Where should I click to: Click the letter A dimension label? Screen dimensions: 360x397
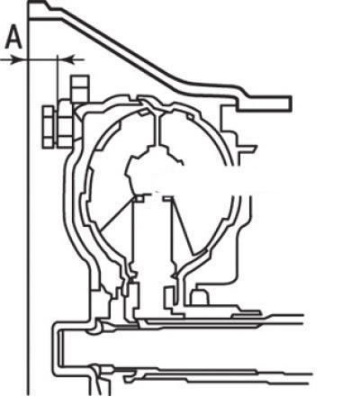point(13,38)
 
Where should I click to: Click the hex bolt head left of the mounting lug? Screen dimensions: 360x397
point(48,127)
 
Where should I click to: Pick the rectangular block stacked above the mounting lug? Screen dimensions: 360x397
point(80,88)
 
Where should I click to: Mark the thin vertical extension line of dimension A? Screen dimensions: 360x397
point(57,78)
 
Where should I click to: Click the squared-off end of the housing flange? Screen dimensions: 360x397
point(290,104)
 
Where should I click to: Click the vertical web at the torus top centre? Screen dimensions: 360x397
point(157,130)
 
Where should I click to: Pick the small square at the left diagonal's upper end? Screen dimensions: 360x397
point(140,198)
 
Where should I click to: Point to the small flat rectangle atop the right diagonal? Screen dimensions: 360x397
point(168,198)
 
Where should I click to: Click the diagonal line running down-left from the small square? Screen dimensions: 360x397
point(118,215)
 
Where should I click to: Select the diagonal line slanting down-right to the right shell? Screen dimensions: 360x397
point(183,224)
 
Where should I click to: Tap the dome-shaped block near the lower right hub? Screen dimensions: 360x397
point(200,296)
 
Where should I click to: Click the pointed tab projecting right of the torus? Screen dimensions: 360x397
point(247,147)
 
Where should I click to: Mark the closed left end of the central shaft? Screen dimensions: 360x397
point(61,348)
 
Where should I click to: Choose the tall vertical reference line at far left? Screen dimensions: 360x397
point(29,198)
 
